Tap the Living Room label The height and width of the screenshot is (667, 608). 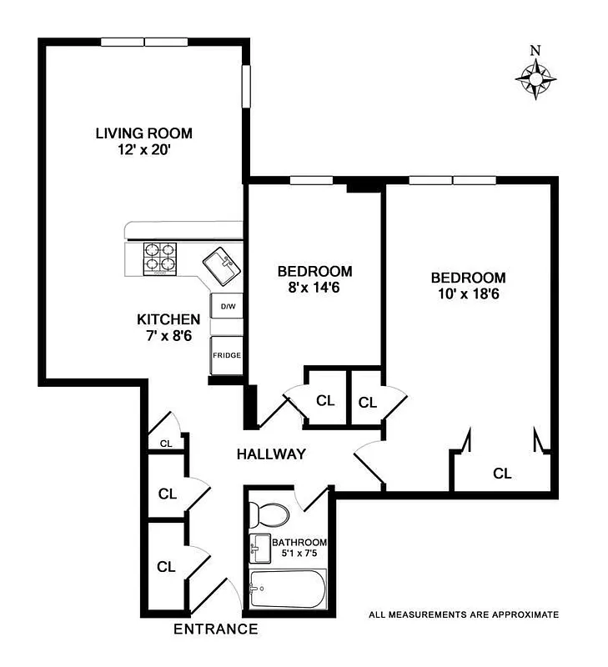tap(143, 133)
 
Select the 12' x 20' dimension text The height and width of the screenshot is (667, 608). tap(143, 151)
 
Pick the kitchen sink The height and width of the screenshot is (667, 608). tap(222, 266)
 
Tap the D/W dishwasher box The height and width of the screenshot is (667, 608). tap(228, 307)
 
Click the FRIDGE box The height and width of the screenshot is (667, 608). tap(227, 355)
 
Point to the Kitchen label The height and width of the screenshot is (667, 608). tap(168, 319)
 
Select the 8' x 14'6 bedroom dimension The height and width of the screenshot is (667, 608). tap(314, 289)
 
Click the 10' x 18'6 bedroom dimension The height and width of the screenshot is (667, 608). tap(468, 294)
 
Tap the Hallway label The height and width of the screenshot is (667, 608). tap(271, 454)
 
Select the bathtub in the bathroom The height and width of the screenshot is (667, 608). tap(287, 591)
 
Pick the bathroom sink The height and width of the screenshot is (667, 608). tap(259, 547)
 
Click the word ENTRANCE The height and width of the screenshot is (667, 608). tap(215, 629)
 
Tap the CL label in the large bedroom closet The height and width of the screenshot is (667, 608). tap(501, 474)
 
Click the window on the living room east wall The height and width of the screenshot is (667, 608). tap(247, 86)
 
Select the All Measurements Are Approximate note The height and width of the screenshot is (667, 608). tap(463, 614)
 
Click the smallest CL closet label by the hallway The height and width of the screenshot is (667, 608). tap(166, 444)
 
